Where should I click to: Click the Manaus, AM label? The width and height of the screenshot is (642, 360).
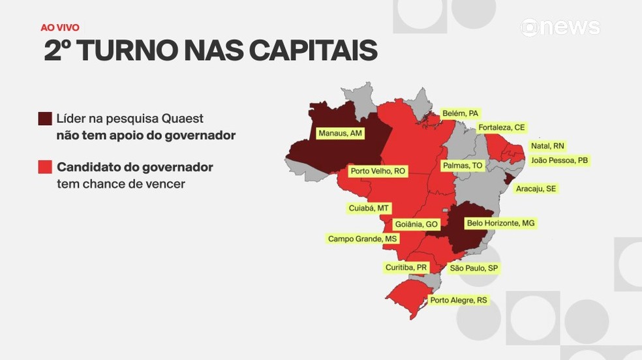point(339,134)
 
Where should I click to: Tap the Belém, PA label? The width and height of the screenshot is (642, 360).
point(460,113)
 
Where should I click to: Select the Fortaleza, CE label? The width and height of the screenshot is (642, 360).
point(501,127)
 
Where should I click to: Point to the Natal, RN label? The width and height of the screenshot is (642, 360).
point(547,146)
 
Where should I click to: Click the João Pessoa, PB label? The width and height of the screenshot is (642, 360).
point(559,160)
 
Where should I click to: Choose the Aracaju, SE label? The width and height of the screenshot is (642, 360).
point(536,188)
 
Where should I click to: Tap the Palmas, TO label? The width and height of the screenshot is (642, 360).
point(462,166)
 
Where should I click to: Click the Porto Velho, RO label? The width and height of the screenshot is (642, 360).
point(378,172)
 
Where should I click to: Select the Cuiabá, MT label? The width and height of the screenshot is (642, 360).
point(369,208)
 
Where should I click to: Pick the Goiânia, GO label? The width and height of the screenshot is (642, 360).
point(416,224)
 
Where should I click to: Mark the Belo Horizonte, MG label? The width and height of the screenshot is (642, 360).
point(500,223)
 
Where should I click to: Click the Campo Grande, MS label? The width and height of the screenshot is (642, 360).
point(362,239)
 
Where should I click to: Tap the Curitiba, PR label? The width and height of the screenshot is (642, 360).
point(406,267)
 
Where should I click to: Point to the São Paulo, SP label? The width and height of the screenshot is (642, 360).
point(474,268)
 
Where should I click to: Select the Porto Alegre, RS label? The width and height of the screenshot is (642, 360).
point(458,301)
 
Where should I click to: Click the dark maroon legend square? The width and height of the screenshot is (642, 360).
point(45,119)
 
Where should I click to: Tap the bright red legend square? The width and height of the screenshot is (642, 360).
point(45,167)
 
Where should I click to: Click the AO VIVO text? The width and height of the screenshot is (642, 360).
point(60,27)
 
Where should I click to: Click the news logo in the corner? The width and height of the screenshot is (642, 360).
point(560,27)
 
